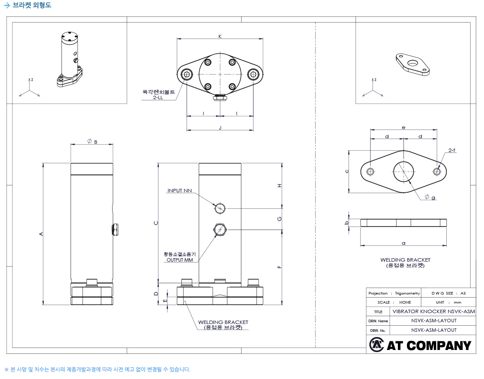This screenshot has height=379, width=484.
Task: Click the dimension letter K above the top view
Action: pyautogui.click(x=220, y=36)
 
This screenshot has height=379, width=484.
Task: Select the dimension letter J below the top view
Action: pyautogui.click(x=220, y=128)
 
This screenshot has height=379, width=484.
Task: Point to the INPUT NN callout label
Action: pyautogui.click(x=179, y=191)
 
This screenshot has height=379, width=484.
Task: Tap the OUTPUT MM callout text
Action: pyautogui.click(x=180, y=260)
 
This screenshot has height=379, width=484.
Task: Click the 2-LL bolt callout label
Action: pyautogui.click(x=158, y=97)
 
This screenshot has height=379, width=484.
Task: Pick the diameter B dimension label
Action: pyautogui.click(x=92, y=142)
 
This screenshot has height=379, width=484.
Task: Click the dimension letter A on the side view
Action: pyautogui.click(x=41, y=234)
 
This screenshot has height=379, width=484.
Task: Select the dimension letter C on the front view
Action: pyautogui.click(x=156, y=223)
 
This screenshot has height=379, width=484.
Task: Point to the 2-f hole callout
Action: pyautogui.click(x=452, y=150)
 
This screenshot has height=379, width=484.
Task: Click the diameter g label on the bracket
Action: pyautogui.click(x=430, y=197)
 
